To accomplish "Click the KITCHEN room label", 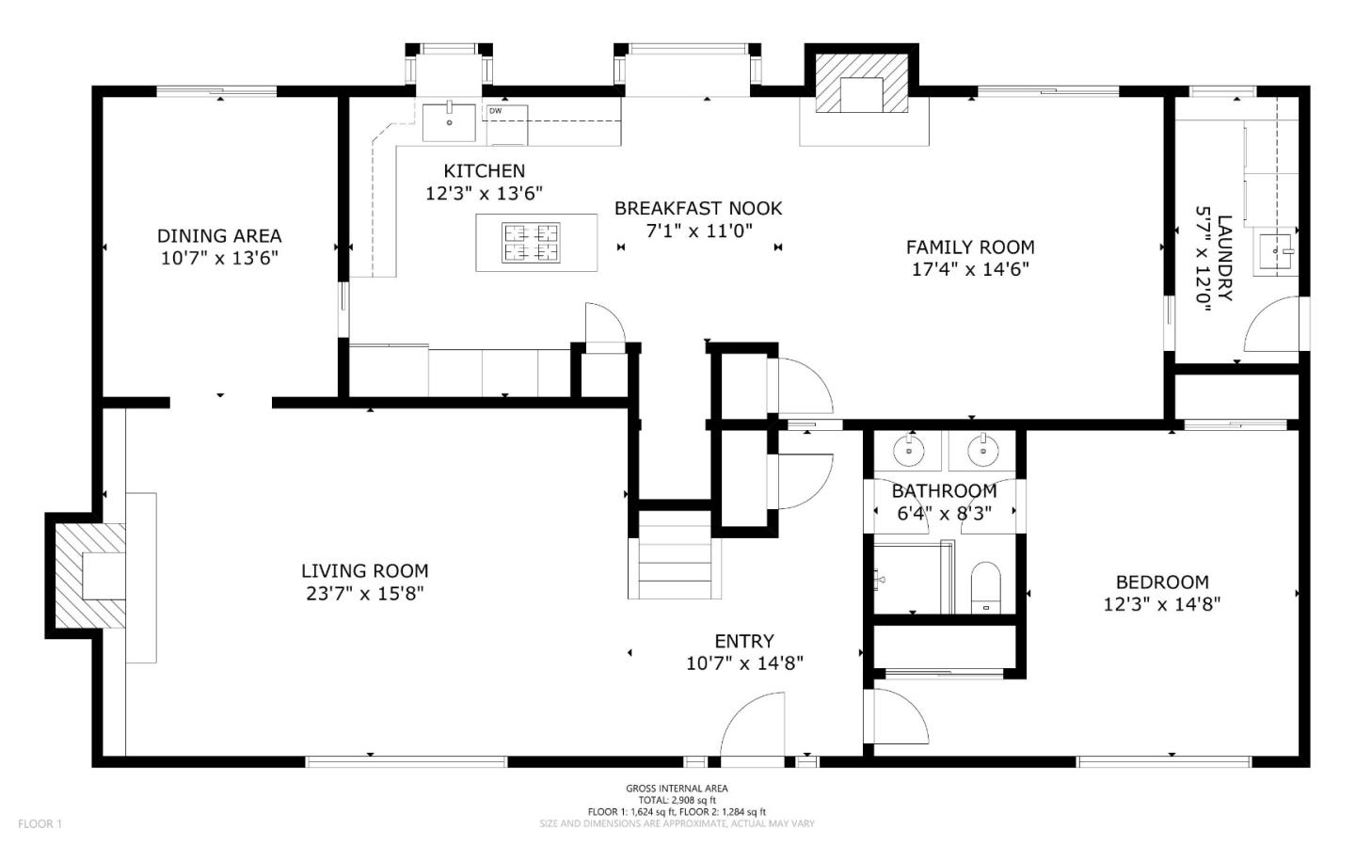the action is pos(484,170).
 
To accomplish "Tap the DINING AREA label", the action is pos(219,235).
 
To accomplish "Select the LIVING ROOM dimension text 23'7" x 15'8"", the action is pos(364,594).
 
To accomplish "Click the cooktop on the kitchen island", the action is pos(531,243).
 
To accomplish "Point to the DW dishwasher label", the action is pos(495,111).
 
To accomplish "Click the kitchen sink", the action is pos(449,122).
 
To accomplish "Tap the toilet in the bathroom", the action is pos(985,587).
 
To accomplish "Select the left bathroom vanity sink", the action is pos(909,450).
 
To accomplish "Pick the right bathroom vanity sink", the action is pos(983,450).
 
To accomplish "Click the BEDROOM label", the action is pos(1162,583).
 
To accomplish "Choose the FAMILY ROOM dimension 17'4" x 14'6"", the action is pos(970,269).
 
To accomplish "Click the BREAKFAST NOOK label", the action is pos(698,208).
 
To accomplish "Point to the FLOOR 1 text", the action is pos(40,823).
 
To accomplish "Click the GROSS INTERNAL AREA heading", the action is pos(677,789).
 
